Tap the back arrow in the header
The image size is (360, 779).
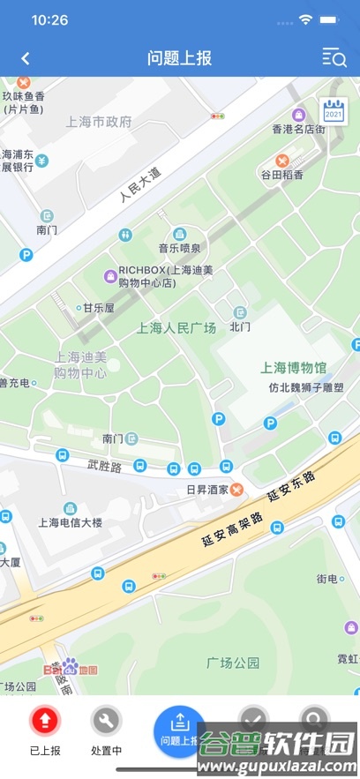coord(26,58)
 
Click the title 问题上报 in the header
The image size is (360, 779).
coord(179,58)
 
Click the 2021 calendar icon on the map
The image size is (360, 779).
coord(334,110)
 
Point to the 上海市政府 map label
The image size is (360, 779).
coord(99,122)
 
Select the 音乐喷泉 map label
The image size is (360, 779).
coord(179,248)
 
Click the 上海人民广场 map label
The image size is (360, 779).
coord(176,328)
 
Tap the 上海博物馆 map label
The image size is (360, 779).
coord(294,367)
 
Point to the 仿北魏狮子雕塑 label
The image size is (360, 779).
coord(306,387)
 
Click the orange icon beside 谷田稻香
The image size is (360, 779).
coord(282,161)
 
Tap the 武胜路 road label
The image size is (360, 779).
coord(104,464)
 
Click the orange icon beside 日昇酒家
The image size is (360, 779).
coord(237,490)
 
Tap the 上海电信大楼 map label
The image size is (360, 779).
coord(70,522)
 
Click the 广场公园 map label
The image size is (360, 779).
coord(233,662)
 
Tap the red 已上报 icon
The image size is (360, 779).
coord(45,721)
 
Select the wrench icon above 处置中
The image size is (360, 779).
coord(107,721)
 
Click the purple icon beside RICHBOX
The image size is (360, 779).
coord(110,277)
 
